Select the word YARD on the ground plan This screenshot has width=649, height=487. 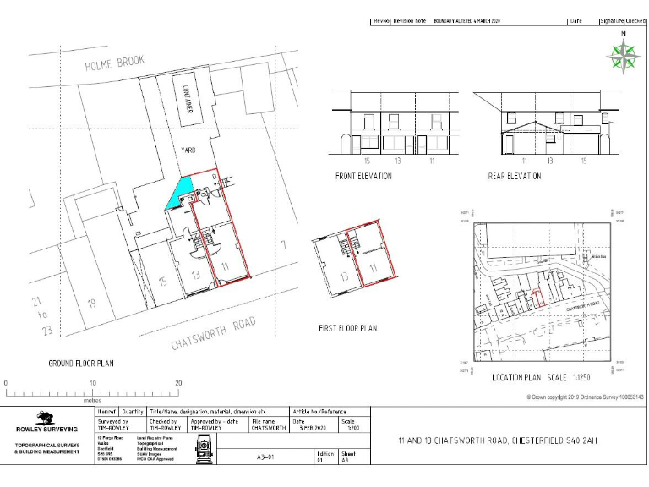coord(188,150)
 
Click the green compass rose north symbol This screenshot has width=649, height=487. coord(624,56)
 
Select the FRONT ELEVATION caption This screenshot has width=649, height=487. coord(363,176)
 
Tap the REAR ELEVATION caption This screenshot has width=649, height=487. coord(515,176)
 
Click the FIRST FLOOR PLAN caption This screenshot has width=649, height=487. coord(347,328)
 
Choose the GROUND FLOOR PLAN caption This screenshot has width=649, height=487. coord(81,363)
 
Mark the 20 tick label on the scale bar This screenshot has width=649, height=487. coord(178,383)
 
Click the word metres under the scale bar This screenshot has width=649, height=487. coord(92,402)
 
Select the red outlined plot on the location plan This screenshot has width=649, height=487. coord(538,297)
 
